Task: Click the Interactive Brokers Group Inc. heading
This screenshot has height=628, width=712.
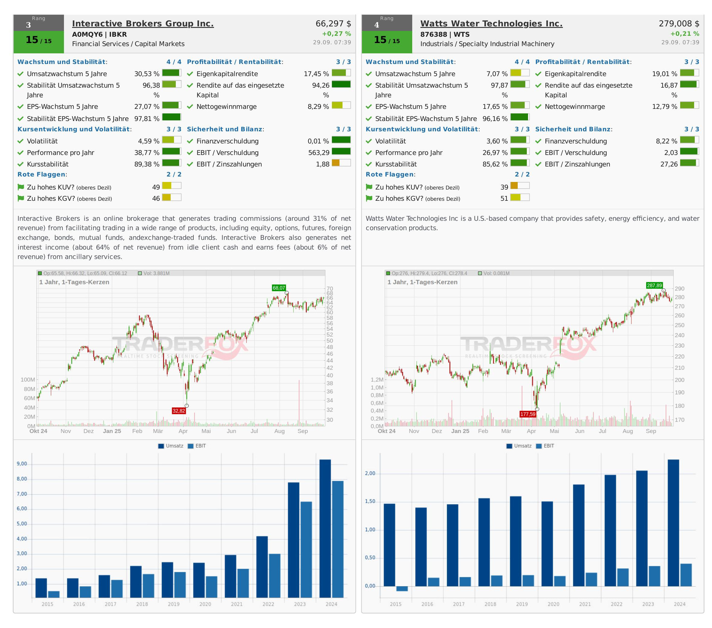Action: pos(143,24)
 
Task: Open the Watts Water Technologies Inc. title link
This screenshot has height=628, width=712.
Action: pos(491,24)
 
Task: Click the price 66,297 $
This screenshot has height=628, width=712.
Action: pos(333,24)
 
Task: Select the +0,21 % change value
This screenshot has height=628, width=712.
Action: pos(684,34)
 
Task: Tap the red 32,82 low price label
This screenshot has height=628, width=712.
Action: pos(179,411)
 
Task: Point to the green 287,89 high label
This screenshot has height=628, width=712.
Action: pos(654,285)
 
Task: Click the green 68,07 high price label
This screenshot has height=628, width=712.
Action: pos(279,288)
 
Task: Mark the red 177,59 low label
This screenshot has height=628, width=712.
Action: pos(527,414)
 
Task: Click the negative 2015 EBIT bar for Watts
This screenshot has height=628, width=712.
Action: pos(402,588)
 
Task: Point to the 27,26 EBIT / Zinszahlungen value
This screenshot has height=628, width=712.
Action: pos(669,164)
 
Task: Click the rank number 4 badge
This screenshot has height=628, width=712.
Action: pos(376,25)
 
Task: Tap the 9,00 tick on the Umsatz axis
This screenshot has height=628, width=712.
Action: pos(22,464)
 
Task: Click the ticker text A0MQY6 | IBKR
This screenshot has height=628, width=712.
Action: pos(99,35)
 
